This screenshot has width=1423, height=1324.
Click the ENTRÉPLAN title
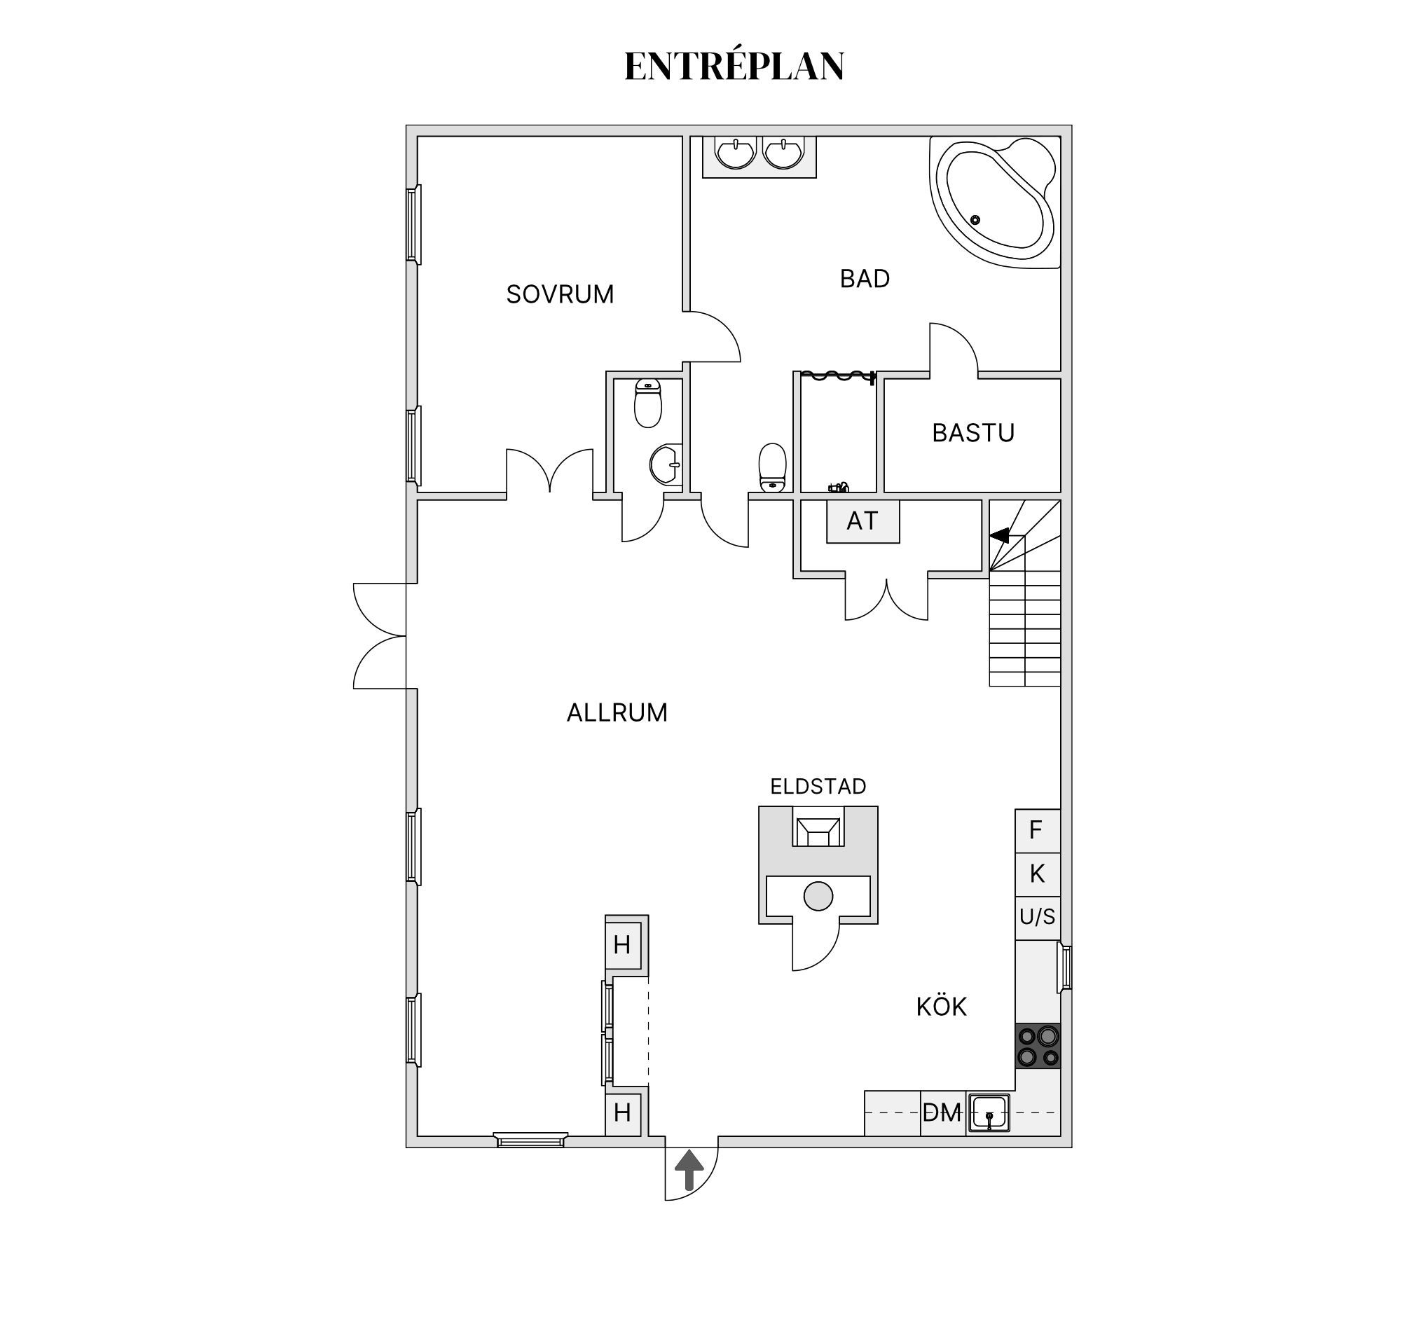734,66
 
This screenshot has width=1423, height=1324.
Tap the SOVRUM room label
560,294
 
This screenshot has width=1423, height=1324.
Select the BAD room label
865,278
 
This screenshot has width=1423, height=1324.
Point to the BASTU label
972,433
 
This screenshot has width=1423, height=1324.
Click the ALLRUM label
617,713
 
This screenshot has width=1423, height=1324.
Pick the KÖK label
941,1007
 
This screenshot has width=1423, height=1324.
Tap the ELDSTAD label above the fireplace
818,787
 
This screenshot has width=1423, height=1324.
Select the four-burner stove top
1038,1046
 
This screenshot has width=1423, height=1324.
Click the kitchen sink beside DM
989,1113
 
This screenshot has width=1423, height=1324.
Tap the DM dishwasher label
942,1113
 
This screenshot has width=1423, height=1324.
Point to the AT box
862,521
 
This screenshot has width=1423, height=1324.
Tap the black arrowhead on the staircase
1000,535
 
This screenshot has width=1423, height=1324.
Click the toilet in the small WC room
648,403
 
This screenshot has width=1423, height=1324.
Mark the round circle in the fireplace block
818,896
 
